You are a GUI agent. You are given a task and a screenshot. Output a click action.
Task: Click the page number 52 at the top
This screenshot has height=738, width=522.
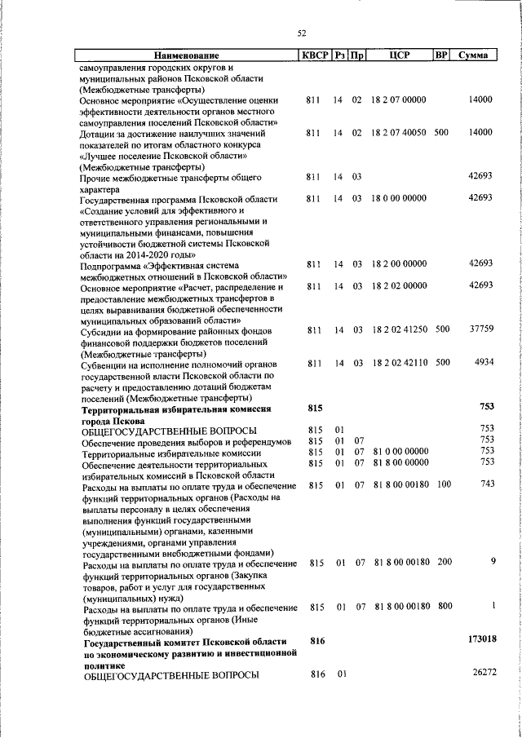click(301, 33)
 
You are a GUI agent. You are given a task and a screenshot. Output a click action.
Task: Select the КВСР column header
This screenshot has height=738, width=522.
click(314, 55)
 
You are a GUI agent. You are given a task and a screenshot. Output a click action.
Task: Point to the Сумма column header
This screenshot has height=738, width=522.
click(473, 55)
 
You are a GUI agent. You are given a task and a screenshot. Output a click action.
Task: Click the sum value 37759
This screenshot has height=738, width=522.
click(480, 331)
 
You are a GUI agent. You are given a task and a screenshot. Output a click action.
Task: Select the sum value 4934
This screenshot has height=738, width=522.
click(483, 362)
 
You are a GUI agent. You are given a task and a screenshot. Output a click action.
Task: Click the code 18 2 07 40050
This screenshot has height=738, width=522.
click(399, 131)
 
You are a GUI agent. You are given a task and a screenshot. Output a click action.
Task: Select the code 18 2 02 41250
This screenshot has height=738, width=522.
click(399, 331)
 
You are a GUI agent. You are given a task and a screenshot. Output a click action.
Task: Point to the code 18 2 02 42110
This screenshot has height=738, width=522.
click(399, 362)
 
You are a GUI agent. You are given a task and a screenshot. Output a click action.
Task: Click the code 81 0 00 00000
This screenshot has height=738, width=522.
click(400, 451)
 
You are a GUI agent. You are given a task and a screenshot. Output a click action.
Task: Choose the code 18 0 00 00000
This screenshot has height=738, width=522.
click(399, 198)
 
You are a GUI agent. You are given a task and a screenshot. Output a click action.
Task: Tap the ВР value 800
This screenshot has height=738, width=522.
click(444, 607)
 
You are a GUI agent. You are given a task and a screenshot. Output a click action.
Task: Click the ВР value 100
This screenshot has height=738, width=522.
click(444, 484)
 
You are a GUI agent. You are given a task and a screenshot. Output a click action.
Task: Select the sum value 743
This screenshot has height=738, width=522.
click(487, 484)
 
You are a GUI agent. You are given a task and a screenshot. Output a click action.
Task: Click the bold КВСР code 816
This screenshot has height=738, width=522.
click(317, 642)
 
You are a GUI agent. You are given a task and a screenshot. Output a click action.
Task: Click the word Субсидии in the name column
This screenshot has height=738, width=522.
click(102, 331)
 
